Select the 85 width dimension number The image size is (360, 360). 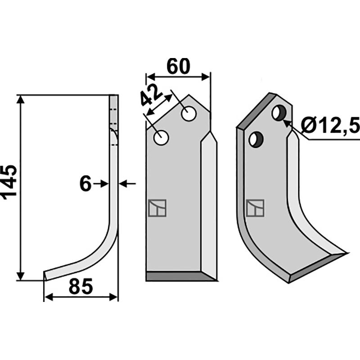pyautogui.click(x=81, y=286)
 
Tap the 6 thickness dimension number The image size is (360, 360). pyautogui.click(x=85, y=184)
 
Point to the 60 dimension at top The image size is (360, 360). pyautogui.click(x=178, y=66)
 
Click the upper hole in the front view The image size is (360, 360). pyautogui.click(x=189, y=114)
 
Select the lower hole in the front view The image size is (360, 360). pyautogui.click(x=162, y=138)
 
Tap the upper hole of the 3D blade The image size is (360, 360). pyautogui.click(x=279, y=113)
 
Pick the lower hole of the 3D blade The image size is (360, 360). pyautogui.click(x=256, y=139)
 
